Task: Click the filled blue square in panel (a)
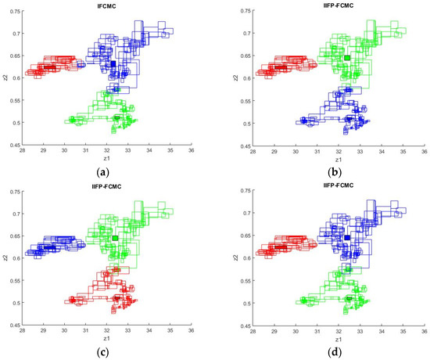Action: (x=113, y=63)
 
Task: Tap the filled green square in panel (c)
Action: (x=115, y=238)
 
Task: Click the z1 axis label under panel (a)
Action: (x=107, y=159)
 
